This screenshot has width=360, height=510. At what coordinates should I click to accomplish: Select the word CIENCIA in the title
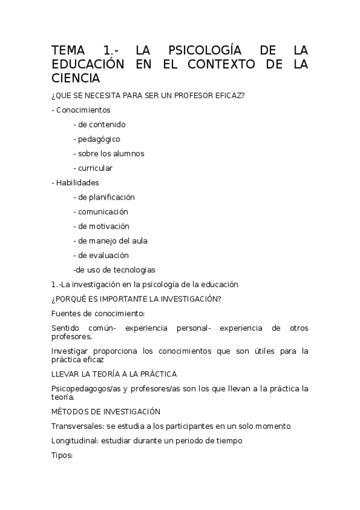pyautogui.click(x=76, y=78)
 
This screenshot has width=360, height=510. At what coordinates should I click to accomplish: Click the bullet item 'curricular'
pyautogui.click(x=95, y=168)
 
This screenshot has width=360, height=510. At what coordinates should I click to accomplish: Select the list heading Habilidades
pyautogui.click(x=78, y=182)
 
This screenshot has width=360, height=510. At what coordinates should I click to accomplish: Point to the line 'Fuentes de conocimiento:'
pyautogui.click(x=98, y=313)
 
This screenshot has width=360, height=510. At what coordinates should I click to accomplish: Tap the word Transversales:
pyautogui.click(x=78, y=426)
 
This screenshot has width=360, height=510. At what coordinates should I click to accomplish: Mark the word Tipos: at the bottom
pyautogui.click(x=62, y=455)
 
